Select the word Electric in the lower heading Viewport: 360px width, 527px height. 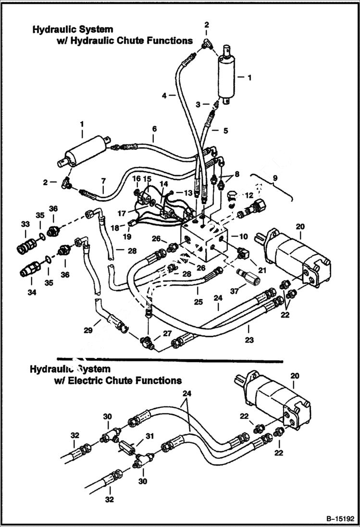[107, 380]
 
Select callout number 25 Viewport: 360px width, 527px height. [198, 302]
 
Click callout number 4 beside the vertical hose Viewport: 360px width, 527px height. [164, 96]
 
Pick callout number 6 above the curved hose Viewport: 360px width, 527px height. [154, 129]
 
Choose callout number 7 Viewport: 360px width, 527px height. [102, 181]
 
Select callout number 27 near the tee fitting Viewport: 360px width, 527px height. [166, 333]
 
